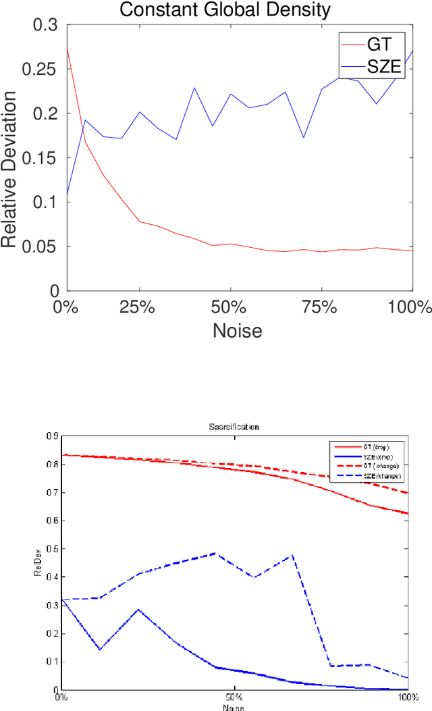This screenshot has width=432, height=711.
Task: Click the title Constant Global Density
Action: (225, 9)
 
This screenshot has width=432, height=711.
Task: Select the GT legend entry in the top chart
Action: (378, 46)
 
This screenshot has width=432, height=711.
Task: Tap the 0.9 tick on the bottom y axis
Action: (53, 436)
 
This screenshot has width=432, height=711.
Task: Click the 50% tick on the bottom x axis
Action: (234, 697)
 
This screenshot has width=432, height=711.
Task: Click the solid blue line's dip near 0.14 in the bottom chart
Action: (100, 650)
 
